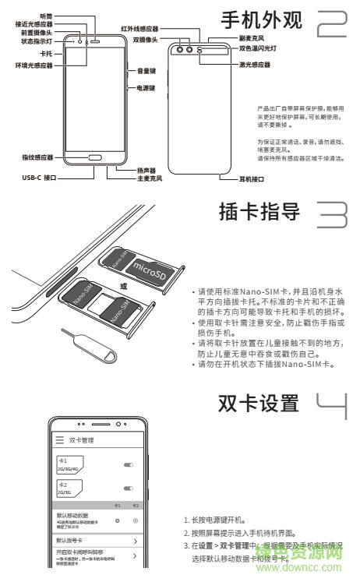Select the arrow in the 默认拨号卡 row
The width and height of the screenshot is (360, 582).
tap(135, 540)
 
